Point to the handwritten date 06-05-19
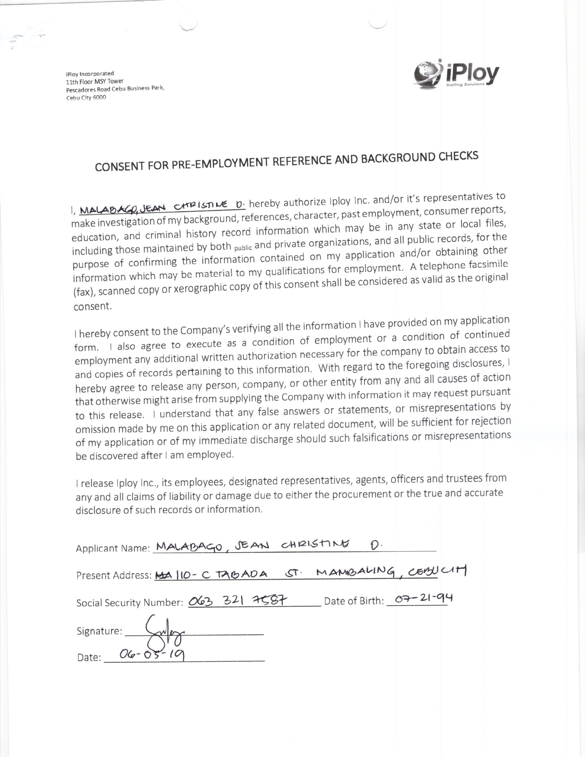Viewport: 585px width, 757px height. [x=151, y=655]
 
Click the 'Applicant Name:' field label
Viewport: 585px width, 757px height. [x=113, y=548]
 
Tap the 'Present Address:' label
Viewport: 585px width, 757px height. [x=114, y=575]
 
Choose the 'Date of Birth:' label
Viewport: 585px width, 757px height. [x=354, y=601]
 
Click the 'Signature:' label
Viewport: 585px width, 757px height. [x=99, y=631]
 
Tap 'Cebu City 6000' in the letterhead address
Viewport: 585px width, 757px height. [x=86, y=98]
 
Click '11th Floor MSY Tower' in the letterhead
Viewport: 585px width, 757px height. [x=95, y=81]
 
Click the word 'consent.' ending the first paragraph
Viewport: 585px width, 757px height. [x=93, y=306]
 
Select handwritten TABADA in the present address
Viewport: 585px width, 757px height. [x=242, y=574]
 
